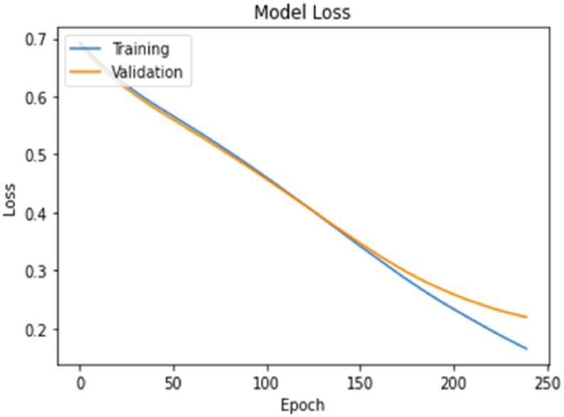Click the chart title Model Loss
(x=303, y=12)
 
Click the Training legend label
(x=139, y=49)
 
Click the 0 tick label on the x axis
(x=80, y=382)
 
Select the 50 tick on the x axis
(x=174, y=382)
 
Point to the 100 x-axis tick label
(x=267, y=382)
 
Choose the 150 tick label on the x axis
(x=360, y=382)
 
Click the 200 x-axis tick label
(x=453, y=382)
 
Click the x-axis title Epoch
(x=303, y=404)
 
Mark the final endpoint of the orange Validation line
(x=526, y=317)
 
